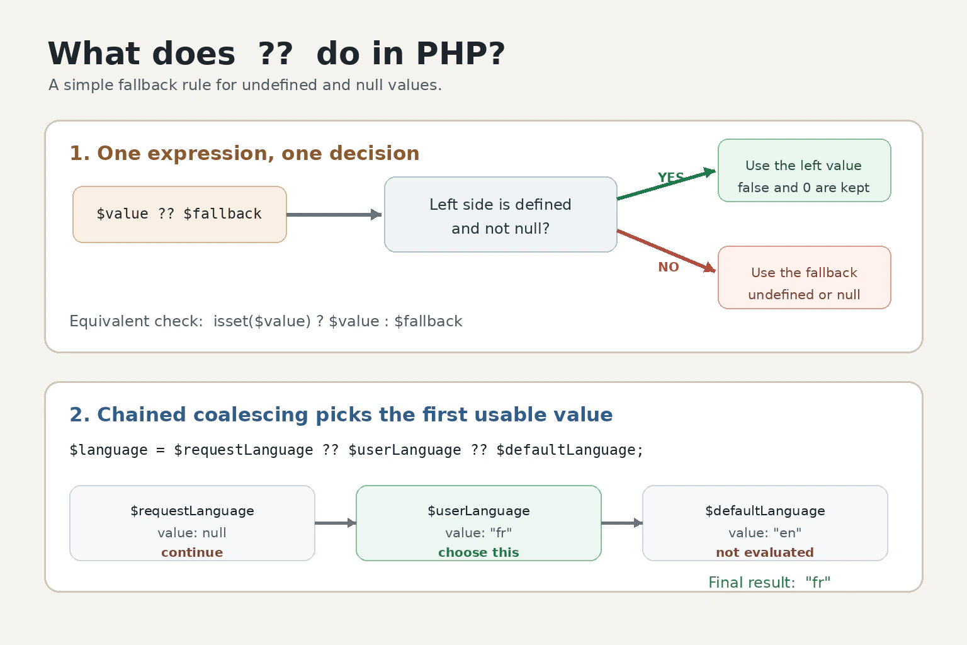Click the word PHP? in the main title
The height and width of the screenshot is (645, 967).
coord(461,54)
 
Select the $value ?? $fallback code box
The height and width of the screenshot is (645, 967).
coord(179,214)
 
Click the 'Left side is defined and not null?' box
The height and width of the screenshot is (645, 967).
coord(500,214)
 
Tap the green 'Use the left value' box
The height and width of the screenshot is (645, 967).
coord(804,170)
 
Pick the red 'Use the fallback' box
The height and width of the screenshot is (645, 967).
coord(804,277)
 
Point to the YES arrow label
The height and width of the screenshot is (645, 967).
coord(671,177)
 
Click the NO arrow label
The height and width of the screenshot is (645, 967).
coord(669,267)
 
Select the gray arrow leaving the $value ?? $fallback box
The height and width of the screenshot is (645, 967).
coord(334,214)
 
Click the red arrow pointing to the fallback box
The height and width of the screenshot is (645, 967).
coord(667,251)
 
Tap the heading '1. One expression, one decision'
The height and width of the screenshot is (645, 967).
coord(244,153)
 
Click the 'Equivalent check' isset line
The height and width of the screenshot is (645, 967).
coord(266,321)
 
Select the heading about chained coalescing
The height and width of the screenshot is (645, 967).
coord(341,414)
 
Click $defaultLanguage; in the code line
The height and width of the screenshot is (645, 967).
coord(570,450)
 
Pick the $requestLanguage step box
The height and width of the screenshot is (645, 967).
coord(192,523)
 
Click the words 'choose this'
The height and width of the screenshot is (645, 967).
coord(478,552)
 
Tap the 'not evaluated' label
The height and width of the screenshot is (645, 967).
coord(765,552)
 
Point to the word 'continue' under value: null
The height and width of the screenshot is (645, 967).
coord(192,552)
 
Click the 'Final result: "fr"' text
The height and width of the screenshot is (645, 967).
coord(769,583)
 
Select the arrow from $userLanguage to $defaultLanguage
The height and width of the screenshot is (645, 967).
coord(622,523)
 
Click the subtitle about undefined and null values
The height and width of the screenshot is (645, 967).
coord(245,85)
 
